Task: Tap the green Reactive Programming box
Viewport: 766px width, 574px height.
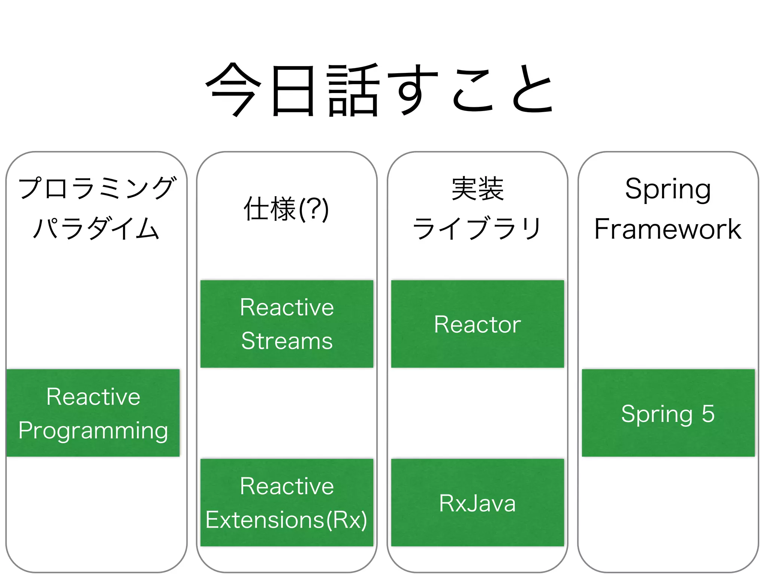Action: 93,413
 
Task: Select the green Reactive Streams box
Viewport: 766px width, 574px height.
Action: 287,324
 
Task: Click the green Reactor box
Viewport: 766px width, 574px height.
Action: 477,324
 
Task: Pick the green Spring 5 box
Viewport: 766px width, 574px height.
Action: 668,413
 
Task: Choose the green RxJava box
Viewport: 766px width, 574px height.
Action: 477,503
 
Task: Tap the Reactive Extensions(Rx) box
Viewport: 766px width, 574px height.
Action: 287,503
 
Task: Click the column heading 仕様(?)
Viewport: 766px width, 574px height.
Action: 286,209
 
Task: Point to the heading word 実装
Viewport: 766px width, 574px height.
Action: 478,189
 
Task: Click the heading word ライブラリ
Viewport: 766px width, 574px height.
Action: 477,229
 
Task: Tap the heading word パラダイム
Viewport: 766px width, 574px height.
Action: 96,229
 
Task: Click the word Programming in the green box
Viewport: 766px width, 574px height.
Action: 93,430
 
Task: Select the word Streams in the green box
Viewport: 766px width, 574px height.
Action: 287,341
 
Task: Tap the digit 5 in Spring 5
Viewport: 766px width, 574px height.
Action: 708,413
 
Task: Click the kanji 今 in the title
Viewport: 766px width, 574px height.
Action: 233,90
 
